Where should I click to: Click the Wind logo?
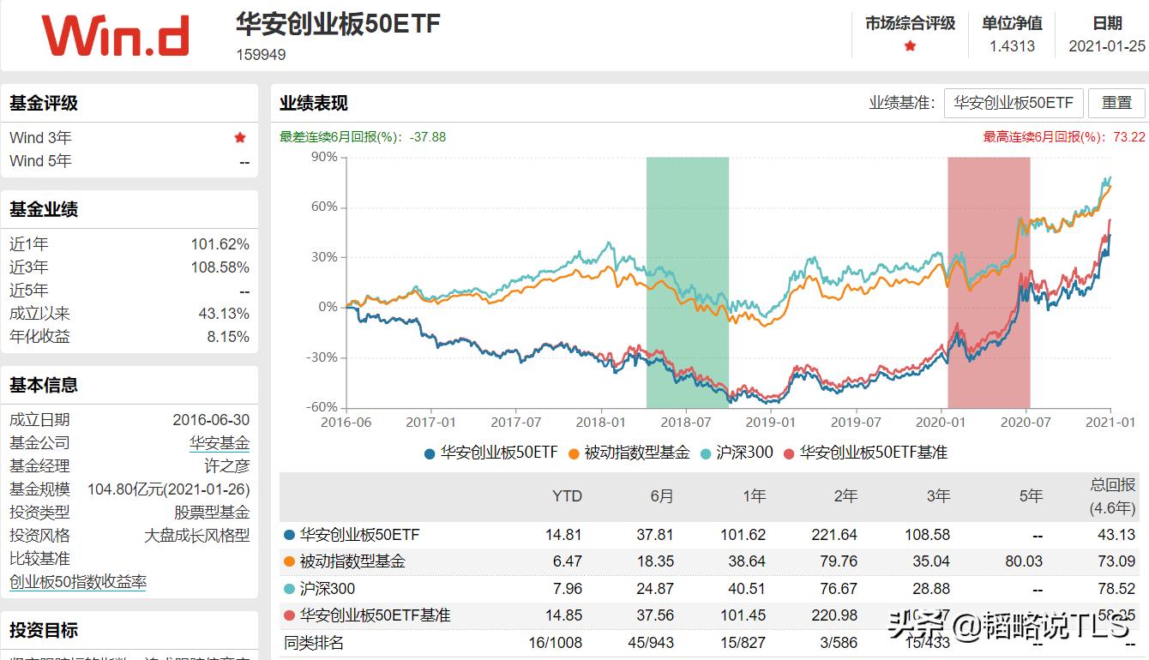[x=115, y=36]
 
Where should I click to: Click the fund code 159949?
[x=261, y=55]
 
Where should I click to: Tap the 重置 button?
[x=1116, y=103]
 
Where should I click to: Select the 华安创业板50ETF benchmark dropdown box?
[x=1014, y=103]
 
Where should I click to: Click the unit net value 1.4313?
[x=1012, y=46]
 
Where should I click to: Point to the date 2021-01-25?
[x=1106, y=46]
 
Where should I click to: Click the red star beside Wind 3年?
[x=240, y=137]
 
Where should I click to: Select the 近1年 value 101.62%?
[x=220, y=244]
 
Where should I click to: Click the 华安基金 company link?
[x=220, y=443]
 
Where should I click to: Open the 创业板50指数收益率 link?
[x=78, y=582]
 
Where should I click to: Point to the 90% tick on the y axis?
[x=324, y=157]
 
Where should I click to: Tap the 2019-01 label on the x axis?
[x=771, y=422]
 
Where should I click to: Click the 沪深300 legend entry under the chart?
[x=737, y=453]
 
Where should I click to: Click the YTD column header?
[x=567, y=496]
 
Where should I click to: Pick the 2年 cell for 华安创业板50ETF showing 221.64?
[x=833, y=535]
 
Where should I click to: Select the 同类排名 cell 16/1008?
[x=555, y=642]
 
